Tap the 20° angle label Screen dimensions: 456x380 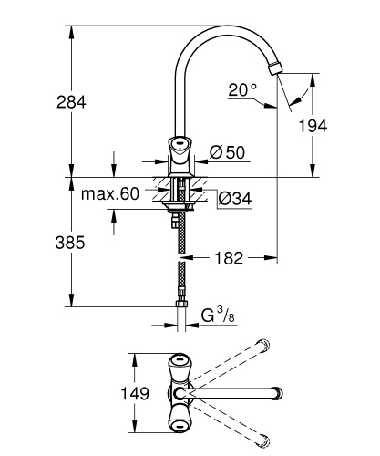pos(242,89)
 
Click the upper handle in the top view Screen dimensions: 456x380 pos(179,362)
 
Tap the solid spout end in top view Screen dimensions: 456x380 pos(271,394)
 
